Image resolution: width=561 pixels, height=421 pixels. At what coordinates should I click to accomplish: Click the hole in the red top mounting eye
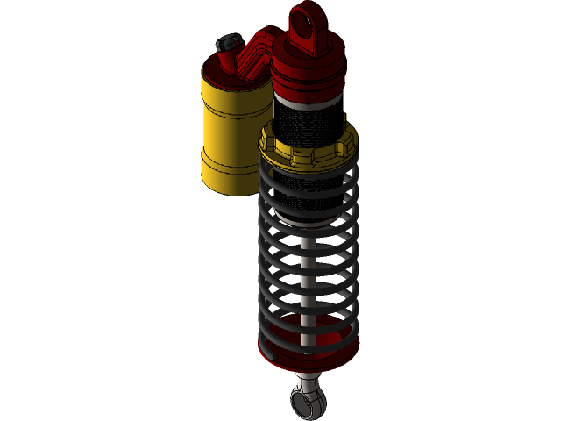click(x=308, y=18)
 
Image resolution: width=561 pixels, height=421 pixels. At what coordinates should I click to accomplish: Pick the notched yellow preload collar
click(x=309, y=151)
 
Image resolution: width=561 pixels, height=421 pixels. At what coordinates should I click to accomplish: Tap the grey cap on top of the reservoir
click(x=229, y=42)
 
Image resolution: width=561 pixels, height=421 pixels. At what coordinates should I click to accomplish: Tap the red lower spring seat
click(x=309, y=351)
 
